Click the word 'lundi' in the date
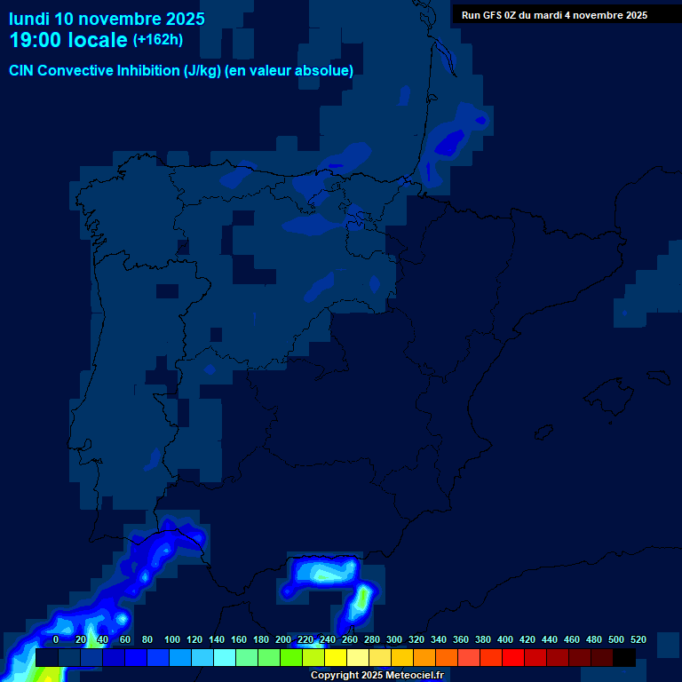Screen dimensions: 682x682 click(29, 19)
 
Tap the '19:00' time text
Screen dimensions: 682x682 click(38, 40)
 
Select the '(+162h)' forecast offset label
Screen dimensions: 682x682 click(157, 40)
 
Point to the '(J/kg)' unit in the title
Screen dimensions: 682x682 click(203, 71)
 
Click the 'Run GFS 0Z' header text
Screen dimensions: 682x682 click(489, 15)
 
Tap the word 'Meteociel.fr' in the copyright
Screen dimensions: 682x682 click(415, 676)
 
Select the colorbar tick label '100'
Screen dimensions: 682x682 click(172, 639)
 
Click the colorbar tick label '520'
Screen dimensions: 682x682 click(638, 639)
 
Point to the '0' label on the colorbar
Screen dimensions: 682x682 click(56, 639)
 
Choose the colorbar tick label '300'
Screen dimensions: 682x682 click(393, 639)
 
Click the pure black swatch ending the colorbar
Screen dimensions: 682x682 click(624, 658)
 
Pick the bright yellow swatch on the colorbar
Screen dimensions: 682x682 click(336, 658)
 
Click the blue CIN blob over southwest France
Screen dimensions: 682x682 click(450, 139)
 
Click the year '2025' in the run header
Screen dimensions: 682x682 click(635, 15)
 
